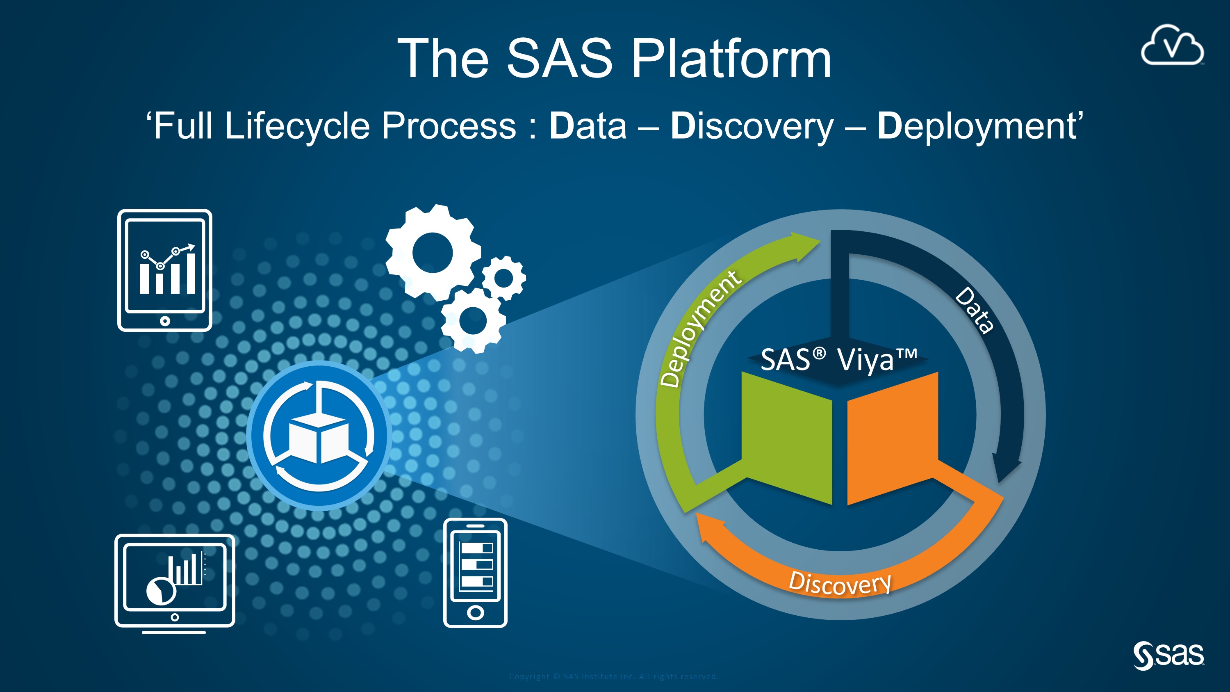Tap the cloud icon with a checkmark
[x=1172, y=46]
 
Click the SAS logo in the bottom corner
[x=1168, y=655]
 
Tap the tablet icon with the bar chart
[x=165, y=270]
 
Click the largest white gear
[x=432, y=252]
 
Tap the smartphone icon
[x=475, y=572]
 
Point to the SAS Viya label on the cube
[x=838, y=360]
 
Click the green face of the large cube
[x=787, y=437]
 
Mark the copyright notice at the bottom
[x=614, y=676]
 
